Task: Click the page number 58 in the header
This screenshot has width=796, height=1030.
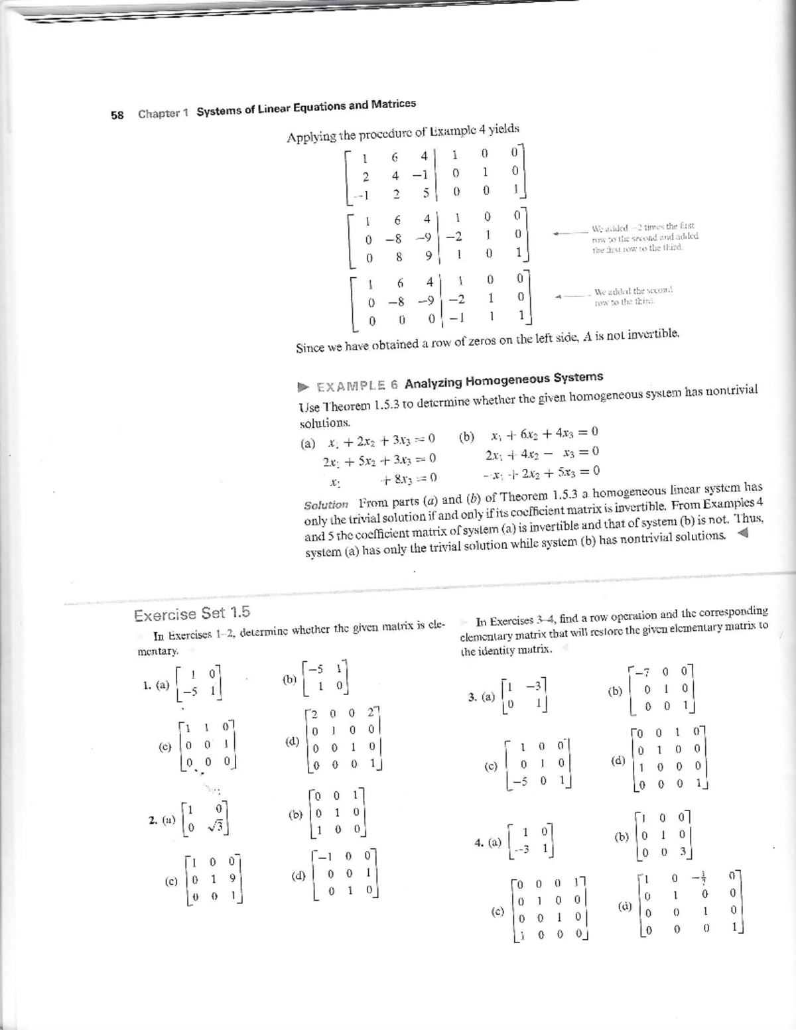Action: (x=117, y=115)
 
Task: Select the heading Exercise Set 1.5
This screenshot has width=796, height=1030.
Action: (x=192, y=614)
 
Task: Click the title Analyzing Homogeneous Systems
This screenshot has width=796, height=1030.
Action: (x=503, y=380)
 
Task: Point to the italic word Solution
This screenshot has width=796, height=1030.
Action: (x=326, y=505)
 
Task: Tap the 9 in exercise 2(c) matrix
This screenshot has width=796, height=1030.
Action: (x=232, y=879)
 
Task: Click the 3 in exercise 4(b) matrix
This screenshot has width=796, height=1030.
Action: (x=683, y=852)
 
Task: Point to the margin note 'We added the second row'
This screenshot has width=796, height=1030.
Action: (x=633, y=295)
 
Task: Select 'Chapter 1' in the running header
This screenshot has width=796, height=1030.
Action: (x=163, y=113)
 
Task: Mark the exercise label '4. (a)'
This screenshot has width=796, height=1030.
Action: (x=488, y=842)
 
